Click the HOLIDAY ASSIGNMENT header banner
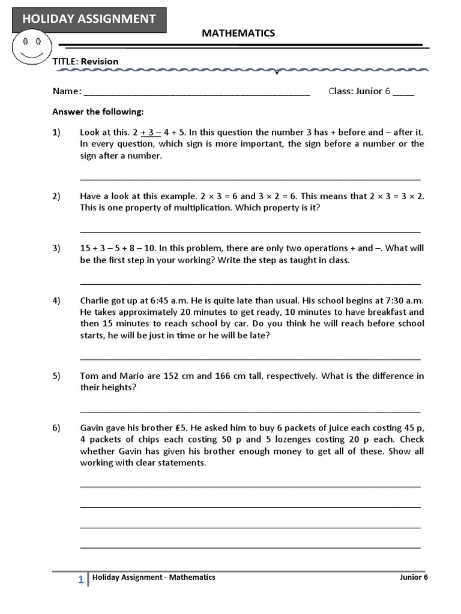click(x=89, y=19)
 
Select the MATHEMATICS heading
click(x=238, y=34)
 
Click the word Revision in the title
click(x=100, y=61)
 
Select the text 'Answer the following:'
click(x=98, y=112)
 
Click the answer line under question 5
click(x=250, y=411)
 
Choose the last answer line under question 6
click(x=250, y=547)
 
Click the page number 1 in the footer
click(x=80, y=580)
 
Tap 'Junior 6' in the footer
click(x=414, y=577)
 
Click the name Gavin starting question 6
click(x=93, y=428)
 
